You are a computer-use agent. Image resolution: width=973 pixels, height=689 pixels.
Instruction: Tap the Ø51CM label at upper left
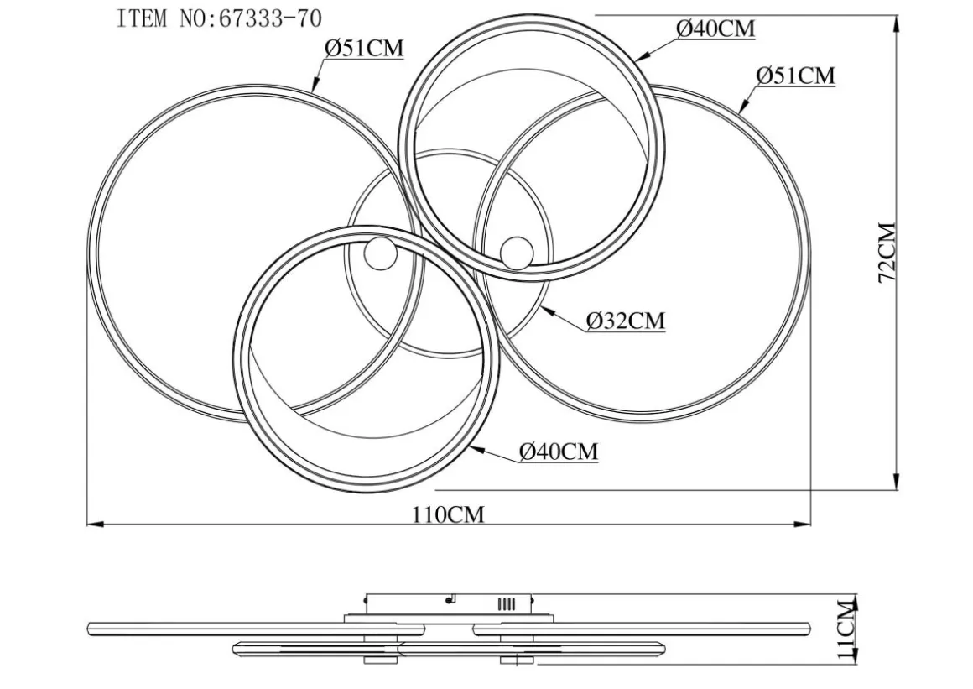[364, 48]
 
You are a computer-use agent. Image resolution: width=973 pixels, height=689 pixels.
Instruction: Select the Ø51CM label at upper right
[795, 76]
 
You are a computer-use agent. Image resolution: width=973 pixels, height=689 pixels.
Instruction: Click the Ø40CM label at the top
[715, 29]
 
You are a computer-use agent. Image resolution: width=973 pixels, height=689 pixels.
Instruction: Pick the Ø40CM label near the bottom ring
[559, 452]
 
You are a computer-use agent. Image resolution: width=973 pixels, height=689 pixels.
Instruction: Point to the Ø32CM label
[626, 321]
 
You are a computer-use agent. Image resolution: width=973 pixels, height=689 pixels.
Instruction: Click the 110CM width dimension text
[448, 514]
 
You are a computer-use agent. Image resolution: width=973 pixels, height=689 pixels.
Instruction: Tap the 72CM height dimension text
[887, 253]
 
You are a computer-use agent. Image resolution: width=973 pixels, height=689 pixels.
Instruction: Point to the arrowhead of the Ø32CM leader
[545, 310]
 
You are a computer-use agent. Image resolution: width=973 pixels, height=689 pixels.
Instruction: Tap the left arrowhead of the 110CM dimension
[94, 525]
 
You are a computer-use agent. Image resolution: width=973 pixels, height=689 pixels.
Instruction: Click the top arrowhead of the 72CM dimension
[896, 23]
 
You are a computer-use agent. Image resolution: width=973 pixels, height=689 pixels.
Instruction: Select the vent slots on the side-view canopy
[507, 604]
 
